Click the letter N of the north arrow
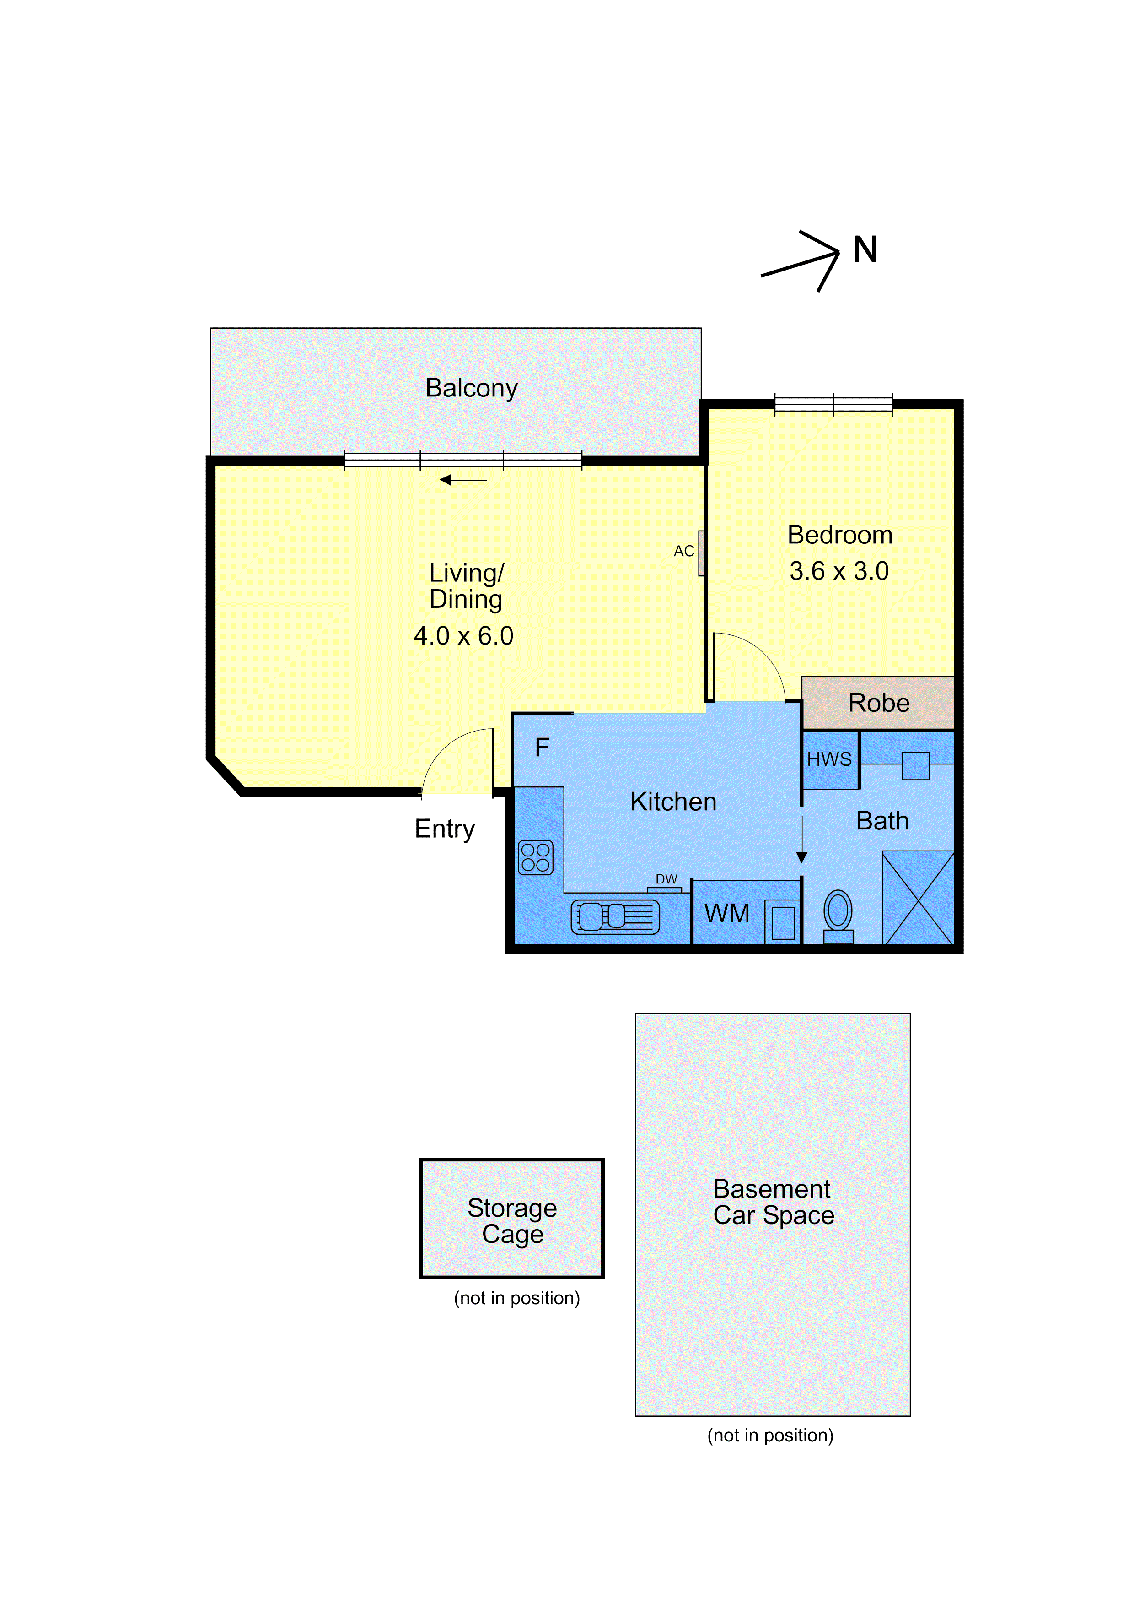tap(865, 249)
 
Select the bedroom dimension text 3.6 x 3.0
tap(839, 571)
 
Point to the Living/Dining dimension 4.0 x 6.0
tap(464, 636)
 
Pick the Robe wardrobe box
tap(878, 703)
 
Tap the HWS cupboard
tap(830, 760)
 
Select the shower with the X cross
tap(918, 898)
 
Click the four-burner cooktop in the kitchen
tap(536, 857)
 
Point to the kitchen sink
tap(615, 916)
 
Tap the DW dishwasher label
tap(666, 879)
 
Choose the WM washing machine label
tap(727, 913)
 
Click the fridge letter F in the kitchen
tap(542, 748)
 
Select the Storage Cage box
tap(512, 1219)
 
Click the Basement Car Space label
tap(774, 1202)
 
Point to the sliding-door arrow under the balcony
tap(463, 480)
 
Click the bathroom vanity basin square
tap(915, 766)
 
